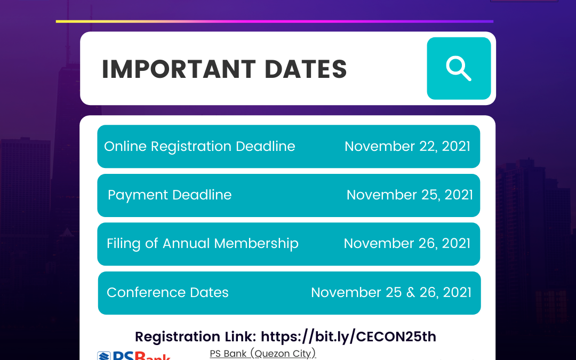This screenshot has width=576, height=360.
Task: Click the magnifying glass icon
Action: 459,68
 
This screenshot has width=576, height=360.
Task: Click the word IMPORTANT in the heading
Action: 179,69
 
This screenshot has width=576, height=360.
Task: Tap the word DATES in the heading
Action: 306,69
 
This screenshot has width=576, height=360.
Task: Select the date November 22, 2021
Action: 407,147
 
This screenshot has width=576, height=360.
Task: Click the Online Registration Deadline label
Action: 199,147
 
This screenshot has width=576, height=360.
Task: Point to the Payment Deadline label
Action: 170,195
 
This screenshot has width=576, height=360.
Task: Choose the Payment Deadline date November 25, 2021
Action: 410,195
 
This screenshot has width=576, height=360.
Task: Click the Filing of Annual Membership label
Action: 203,244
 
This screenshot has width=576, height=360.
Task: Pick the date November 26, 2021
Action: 407,244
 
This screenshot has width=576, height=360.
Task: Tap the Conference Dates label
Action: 167,292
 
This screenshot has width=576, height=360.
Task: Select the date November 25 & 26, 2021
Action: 391,292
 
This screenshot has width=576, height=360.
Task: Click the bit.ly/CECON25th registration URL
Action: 349,337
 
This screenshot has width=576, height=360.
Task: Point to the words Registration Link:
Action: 196,337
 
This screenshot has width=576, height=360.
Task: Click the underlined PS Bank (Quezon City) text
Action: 262,354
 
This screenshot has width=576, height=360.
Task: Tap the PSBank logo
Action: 134,355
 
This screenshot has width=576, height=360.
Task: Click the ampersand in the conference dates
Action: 411,292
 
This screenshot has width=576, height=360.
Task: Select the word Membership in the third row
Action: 257,244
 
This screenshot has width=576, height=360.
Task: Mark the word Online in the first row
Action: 125,147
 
